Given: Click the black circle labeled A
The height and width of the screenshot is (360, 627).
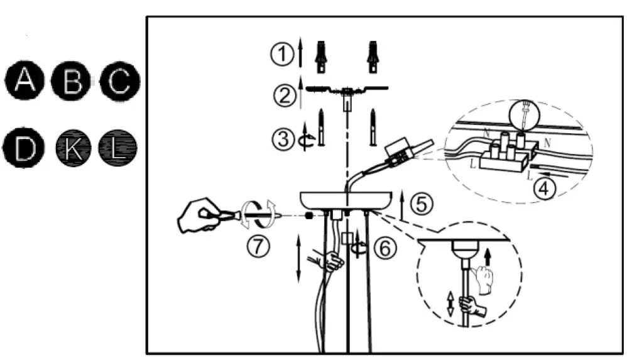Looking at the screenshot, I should tap(25, 80).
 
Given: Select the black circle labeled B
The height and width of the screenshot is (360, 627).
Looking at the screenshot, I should tap(72, 81).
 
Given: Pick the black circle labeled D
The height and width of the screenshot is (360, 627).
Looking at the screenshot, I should tap(25, 150).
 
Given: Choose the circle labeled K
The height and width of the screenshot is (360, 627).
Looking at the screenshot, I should tap(72, 150).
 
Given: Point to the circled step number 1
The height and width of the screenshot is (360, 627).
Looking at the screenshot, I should tap(282, 55).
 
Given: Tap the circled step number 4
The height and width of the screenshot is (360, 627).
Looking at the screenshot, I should tap(545, 189).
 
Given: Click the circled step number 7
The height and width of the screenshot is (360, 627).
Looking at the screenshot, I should tap(258, 246).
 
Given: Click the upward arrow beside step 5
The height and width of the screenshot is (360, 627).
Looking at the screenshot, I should tap(401, 203).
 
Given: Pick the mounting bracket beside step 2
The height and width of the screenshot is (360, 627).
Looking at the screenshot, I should tap(346, 90).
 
